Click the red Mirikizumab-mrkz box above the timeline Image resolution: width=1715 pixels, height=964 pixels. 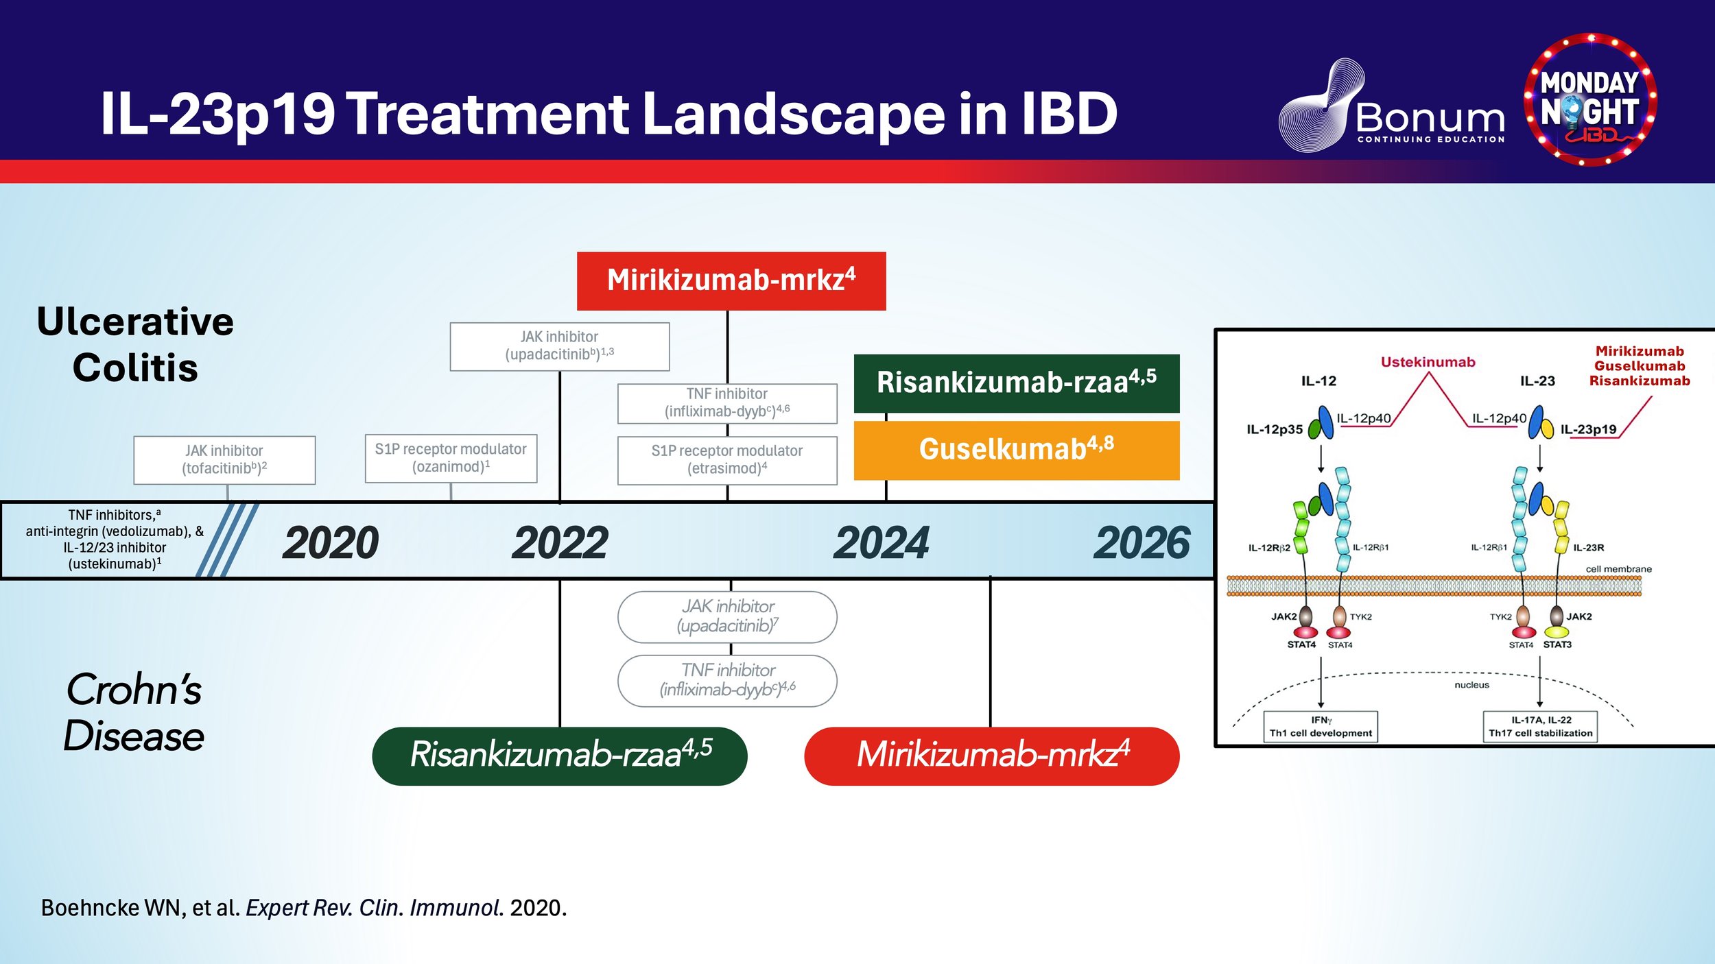click(731, 281)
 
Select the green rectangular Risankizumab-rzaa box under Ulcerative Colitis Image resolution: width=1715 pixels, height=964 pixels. click(1017, 383)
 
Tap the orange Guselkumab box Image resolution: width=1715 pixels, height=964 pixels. click(1017, 450)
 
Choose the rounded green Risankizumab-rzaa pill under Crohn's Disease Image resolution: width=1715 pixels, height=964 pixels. click(560, 756)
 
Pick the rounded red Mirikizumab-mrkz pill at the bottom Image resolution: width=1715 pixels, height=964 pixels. click(992, 756)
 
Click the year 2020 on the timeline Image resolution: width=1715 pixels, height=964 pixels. click(331, 543)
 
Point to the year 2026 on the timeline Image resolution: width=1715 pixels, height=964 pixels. click(1142, 543)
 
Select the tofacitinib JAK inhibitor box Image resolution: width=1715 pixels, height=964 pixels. click(224, 460)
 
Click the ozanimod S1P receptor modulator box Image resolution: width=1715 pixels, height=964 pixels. click(451, 458)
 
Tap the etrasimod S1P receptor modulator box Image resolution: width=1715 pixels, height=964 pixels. click(727, 460)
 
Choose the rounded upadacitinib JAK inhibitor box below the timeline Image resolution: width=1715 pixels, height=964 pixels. click(727, 617)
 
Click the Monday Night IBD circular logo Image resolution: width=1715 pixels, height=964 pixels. click(1590, 99)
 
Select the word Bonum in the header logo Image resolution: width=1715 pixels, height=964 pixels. click(1430, 118)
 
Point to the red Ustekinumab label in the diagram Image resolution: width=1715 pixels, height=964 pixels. click(1428, 362)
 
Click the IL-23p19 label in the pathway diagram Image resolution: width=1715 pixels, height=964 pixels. click(1588, 430)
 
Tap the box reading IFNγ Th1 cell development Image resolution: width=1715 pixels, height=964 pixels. click(1321, 727)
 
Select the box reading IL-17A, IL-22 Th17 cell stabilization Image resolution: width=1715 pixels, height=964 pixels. click(1541, 727)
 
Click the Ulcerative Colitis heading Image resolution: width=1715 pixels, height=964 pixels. click(135, 344)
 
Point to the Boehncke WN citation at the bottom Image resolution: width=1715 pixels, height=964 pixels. click(304, 908)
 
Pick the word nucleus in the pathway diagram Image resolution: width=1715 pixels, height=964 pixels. click(1471, 685)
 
